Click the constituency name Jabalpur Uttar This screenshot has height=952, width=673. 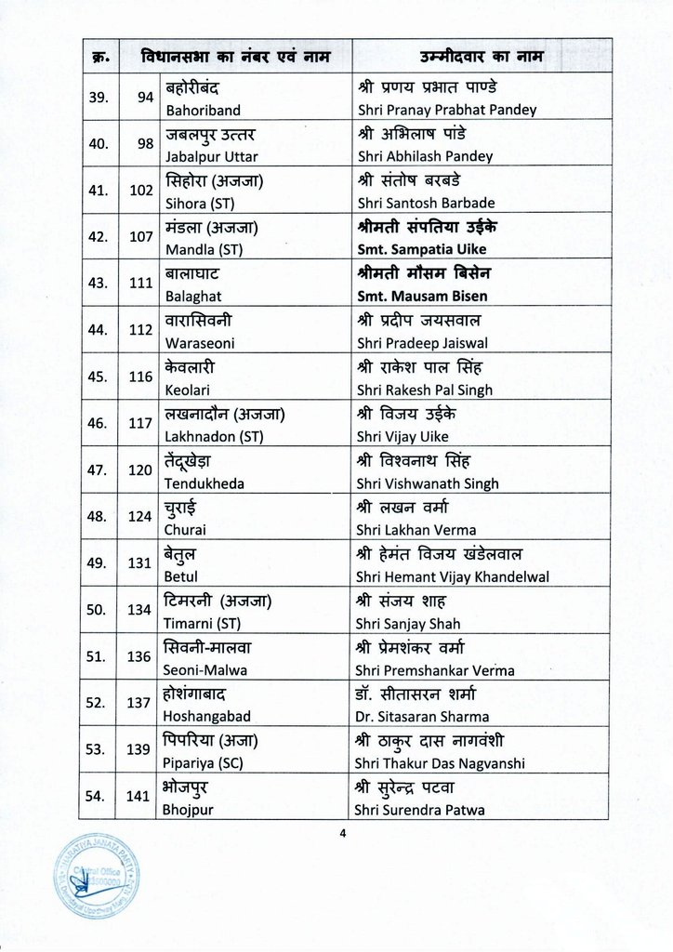211,156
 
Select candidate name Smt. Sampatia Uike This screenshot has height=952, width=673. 421,249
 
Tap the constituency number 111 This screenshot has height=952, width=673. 141,283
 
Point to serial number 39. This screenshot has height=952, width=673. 97,97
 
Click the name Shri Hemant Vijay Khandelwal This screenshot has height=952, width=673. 453,576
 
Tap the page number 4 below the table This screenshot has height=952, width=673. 342,832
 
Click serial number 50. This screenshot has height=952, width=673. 97,609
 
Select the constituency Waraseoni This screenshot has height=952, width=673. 200,343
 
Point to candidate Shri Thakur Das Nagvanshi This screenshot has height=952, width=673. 441,763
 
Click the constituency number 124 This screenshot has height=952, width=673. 140,516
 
